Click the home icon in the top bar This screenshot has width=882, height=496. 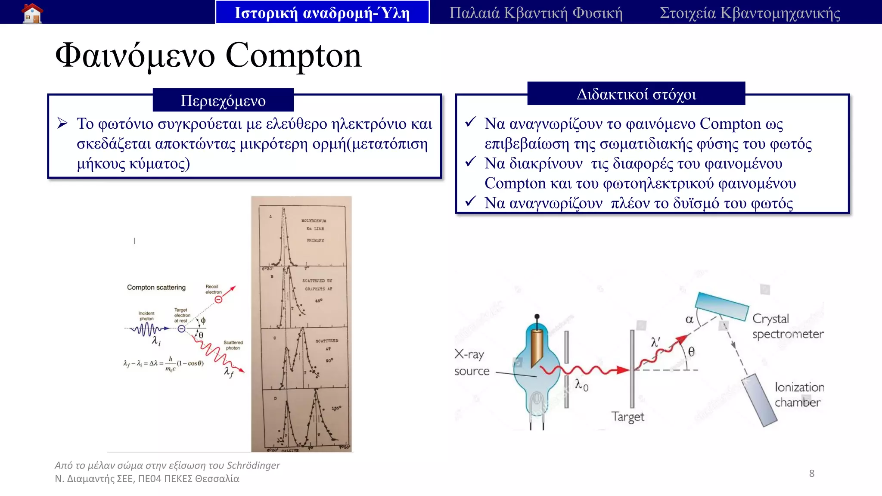pos(32,13)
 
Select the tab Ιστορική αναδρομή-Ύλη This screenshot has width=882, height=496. pos(322,13)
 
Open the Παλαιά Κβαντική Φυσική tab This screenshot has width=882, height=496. pos(536,13)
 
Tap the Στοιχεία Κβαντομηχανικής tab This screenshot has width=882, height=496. pos(750,13)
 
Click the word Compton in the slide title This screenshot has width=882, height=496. pos(293,56)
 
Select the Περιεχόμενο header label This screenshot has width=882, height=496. pos(223,100)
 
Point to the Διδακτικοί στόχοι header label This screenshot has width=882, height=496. pos(636,94)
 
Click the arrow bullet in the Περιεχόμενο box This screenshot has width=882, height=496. pos(63,124)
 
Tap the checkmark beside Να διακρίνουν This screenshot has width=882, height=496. pos(470,162)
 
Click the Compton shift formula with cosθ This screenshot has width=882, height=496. pos(164,364)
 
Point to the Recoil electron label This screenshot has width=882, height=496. pos(213,289)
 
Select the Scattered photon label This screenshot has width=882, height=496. pos(233,345)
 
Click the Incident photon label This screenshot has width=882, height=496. pos(146,316)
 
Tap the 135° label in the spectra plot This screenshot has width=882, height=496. pos(336,408)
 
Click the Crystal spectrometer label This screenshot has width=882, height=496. pos(787,326)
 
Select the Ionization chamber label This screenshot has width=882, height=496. pos(799,394)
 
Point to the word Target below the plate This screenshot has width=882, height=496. pos(627,417)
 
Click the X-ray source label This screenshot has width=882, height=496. pos(472,363)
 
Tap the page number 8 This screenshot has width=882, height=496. pos(811,474)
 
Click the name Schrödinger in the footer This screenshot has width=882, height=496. pos(253,465)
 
